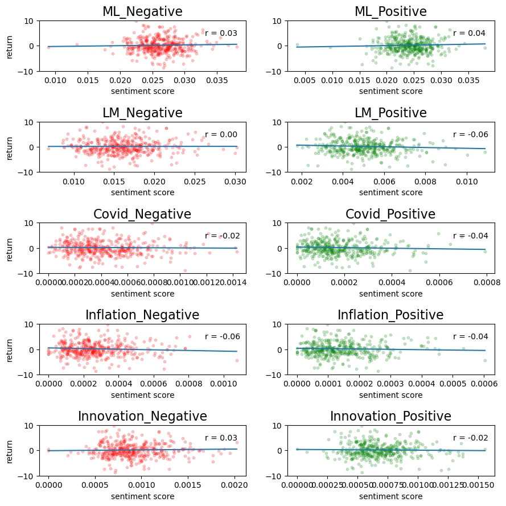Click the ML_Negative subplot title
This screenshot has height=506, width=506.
click(142, 12)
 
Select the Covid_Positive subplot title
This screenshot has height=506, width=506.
click(390, 215)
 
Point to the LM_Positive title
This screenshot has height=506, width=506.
click(390, 113)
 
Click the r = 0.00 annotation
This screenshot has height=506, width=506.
click(221, 135)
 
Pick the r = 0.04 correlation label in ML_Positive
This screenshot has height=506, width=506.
click(469, 34)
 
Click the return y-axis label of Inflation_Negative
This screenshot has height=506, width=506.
click(10, 349)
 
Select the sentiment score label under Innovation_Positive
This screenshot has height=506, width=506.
click(390, 496)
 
